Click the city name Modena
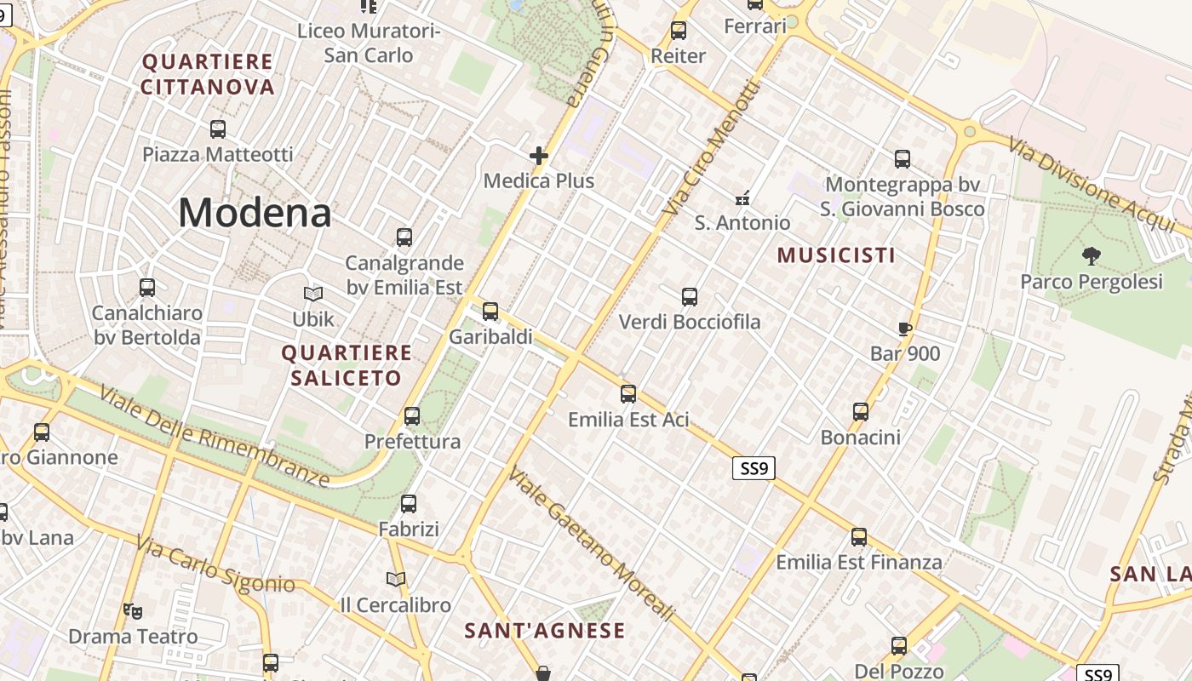tap(255, 212)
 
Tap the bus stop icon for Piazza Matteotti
tap(218, 129)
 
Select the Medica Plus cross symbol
tap(538, 156)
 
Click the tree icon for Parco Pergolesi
tap(1091, 255)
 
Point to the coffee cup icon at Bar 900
tap(905, 329)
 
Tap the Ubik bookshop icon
tap(313, 294)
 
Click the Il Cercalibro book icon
tap(395, 579)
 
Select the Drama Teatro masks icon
tap(132, 610)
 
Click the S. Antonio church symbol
tap(742, 197)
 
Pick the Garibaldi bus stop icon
tap(490, 311)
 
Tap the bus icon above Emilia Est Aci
tap(628, 393)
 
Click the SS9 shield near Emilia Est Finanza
tap(754, 467)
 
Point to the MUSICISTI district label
tap(836, 255)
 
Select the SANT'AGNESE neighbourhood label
tap(545, 631)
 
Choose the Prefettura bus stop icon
tap(412, 415)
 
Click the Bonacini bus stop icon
tap(861, 412)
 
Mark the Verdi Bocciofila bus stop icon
tap(690, 297)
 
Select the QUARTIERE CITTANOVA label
tap(208, 74)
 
